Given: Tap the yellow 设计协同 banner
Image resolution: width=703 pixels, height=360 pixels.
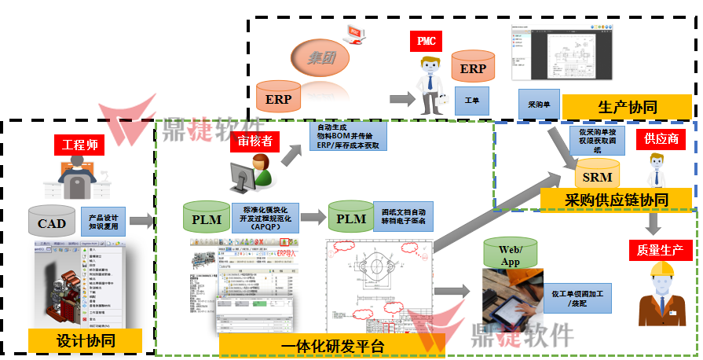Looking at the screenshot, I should coord(86,340).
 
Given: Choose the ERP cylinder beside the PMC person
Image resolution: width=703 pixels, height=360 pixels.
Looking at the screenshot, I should coord(473,68).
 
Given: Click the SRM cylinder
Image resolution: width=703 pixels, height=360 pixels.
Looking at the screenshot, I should coord(597,174).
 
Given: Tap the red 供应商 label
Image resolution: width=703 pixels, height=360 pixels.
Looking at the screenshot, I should coord(661,139).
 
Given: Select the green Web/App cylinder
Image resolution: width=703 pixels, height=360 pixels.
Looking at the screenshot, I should coord(510,255).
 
